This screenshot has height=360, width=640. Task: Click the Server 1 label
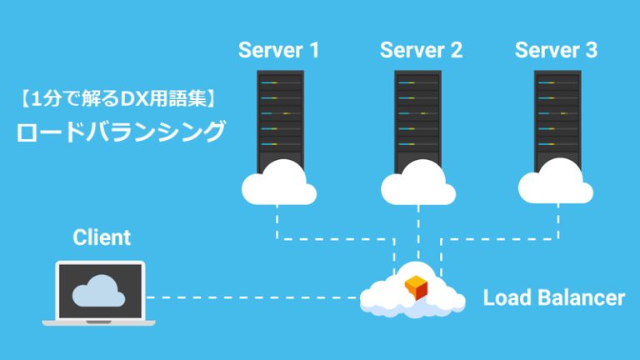coord(278,50)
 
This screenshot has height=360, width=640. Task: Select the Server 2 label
coord(421,50)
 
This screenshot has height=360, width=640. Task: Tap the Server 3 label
coord(556,50)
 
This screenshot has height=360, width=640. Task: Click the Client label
coord(102,237)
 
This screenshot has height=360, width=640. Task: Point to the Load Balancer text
coord(553,297)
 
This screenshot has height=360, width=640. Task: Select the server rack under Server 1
coord(280,117)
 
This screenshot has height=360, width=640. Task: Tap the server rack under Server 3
coord(557,117)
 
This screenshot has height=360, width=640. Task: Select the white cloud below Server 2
coord(417,185)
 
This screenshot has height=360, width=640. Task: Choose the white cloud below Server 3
coord(556,185)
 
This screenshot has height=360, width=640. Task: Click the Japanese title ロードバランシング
coord(122,132)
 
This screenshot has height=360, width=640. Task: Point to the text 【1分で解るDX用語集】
coord(117,100)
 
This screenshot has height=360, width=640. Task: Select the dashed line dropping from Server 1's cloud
coord(277,222)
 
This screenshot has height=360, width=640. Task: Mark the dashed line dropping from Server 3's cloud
coord(556,222)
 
